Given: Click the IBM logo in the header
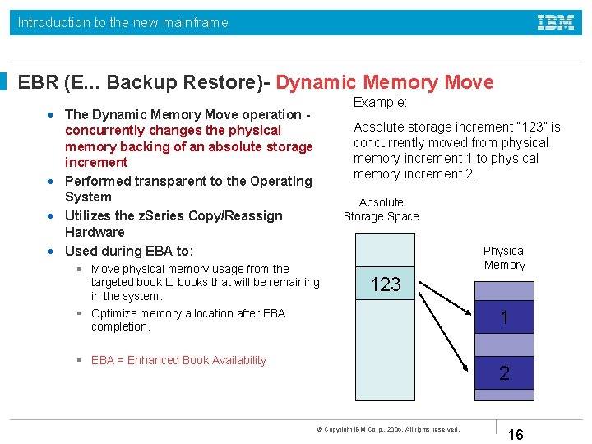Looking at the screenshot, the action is click(x=556, y=22).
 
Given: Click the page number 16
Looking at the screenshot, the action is click(x=516, y=434).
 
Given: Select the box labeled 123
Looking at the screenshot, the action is click(x=385, y=284).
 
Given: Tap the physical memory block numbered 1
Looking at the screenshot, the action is click(x=504, y=317).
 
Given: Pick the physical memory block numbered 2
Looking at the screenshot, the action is click(x=504, y=373).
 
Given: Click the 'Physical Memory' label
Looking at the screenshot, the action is click(x=504, y=257).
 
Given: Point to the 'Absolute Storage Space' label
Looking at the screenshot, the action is click(x=382, y=210).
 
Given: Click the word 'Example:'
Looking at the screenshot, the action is click(x=380, y=102).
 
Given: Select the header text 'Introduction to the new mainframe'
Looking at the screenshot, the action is click(x=123, y=22).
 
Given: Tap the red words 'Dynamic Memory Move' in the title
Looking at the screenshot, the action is click(x=385, y=82).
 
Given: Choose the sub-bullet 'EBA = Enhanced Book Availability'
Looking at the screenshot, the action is click(x=178, y=360).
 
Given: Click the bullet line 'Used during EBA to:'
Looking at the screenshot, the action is click(x=129, y=251).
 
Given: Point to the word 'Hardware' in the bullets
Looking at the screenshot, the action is click(x=95, y=232).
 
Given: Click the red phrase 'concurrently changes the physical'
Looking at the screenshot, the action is click(x=173, y=130).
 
